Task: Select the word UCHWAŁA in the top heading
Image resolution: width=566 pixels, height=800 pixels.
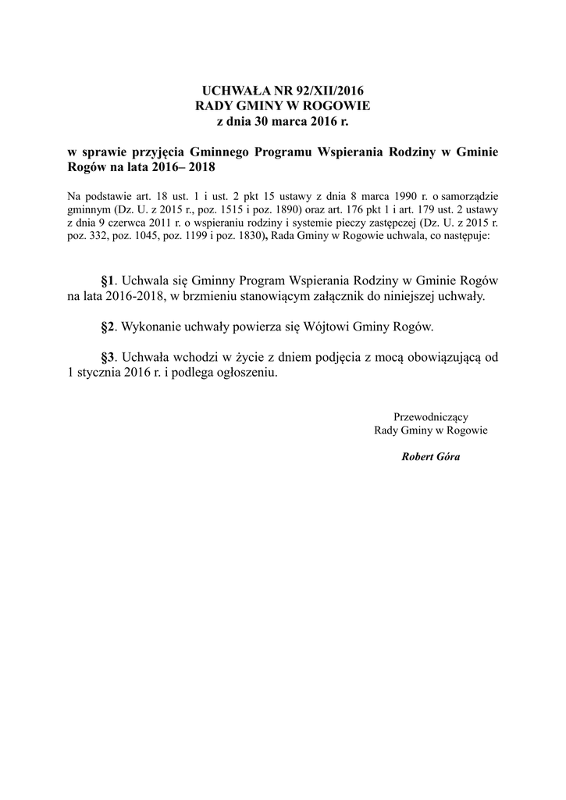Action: pos(228,91)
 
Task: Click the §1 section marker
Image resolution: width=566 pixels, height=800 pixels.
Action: pos(109,280)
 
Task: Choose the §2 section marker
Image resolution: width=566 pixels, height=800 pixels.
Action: pos(109,327)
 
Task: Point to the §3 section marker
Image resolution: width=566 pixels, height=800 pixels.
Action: pos(109,357)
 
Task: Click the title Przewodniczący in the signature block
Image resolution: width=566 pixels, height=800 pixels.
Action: pos(431,416)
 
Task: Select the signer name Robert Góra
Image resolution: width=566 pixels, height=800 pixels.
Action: pos(431,456)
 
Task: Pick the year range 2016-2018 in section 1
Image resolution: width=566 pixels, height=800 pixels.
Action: pos(139,296)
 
